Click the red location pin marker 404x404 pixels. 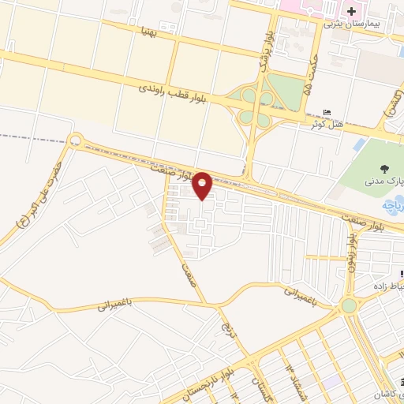[202, 184]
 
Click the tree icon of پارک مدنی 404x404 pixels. [384, 168]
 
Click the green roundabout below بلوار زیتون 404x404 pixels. [349, 305]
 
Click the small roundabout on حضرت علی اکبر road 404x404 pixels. [76, 141]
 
